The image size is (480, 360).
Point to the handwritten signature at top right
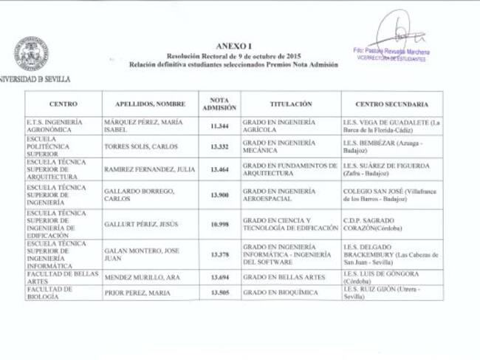(x=399, y=33)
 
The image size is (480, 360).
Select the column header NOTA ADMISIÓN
(x=219, y=103)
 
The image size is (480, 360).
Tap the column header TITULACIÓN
(x=290, y=104)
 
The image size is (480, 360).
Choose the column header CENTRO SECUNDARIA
(x=392, y=104)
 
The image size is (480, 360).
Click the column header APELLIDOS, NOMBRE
(x=149, y=104)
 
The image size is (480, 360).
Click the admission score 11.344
(x=219, y=126)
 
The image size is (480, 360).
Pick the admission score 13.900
(x=219, y=194)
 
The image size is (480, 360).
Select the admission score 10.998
(x=219, y=224)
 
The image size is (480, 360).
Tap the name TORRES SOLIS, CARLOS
(x=141, y=146)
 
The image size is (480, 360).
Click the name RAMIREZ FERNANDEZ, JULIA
(x=150, y=169)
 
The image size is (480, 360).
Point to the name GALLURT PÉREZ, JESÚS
(x=141, y=224)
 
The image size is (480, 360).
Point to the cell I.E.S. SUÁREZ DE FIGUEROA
(x=391, y=169)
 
